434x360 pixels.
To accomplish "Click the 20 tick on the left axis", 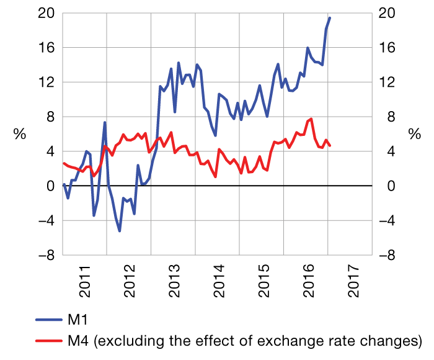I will [48, 13].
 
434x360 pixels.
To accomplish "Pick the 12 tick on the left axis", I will [48, 82].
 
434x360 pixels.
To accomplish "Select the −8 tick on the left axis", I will [45, 255].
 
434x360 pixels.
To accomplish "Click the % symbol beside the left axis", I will [18, 134].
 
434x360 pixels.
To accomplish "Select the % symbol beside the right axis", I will [415, 134].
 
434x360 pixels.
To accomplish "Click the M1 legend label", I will [78, 320].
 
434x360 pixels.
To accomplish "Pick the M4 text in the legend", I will [79, 340].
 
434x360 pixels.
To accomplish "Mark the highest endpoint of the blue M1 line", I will [330, 18].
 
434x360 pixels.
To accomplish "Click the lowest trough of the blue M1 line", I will [119, 231].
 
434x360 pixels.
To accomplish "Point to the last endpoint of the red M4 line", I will [330, 146].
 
